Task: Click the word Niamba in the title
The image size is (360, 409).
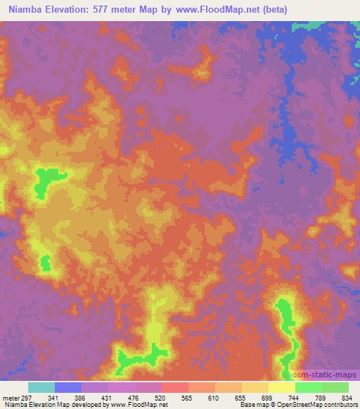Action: pos(26,10)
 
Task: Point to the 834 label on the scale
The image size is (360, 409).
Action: pos(346,398)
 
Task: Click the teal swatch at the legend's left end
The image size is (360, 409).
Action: pos(41,387)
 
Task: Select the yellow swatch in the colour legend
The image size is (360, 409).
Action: pos(282,387)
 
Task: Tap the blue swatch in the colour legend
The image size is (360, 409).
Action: pos(68,387)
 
